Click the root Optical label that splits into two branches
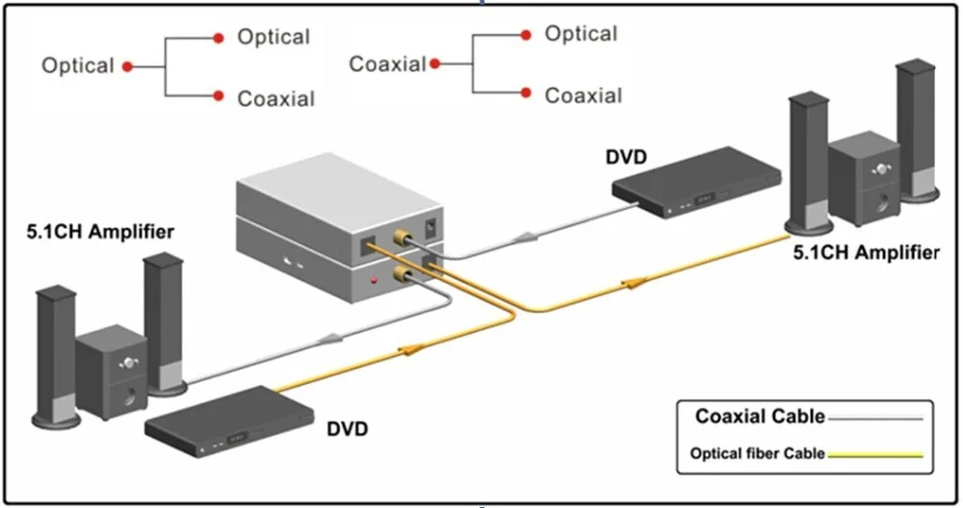(78, 66)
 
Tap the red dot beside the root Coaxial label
(435, 64)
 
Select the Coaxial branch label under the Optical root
(275, 98)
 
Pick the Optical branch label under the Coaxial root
(581, 34)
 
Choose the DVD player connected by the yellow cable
(232, 419)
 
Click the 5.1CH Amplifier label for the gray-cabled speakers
(102, 232)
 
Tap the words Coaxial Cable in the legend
(760, 417)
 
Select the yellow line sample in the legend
(875, 455)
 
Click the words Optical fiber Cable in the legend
(757, 454)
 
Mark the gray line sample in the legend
(875, 419)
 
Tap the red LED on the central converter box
(374, 280)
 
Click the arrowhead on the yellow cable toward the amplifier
(636, 283)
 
